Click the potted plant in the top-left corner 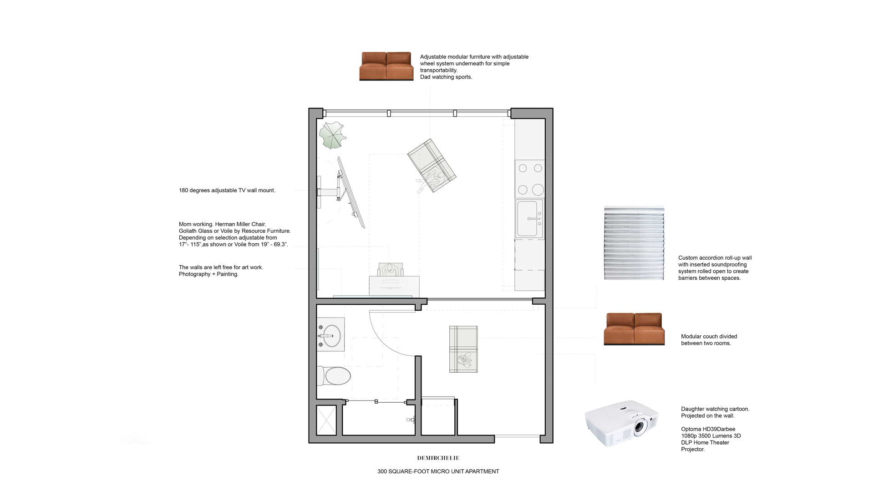tap(332, 135)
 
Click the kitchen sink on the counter tap(529, 219)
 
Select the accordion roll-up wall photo tap(634, 243)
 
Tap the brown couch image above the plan tap(386, 66)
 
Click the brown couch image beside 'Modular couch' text tap(634, 329)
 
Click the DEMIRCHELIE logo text tap(438, 458)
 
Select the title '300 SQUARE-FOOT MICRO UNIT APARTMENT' tap(438, 471)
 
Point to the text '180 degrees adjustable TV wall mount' tap(227, 190)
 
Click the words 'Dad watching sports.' tap(446, 77)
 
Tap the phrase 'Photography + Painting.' tap(208, 274)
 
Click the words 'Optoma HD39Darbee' tap(708, 429)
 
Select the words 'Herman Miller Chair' tap(240, 224)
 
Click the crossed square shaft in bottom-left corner tap(326, 420)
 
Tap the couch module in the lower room tap(463, 349)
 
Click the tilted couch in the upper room tap(431, 165)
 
